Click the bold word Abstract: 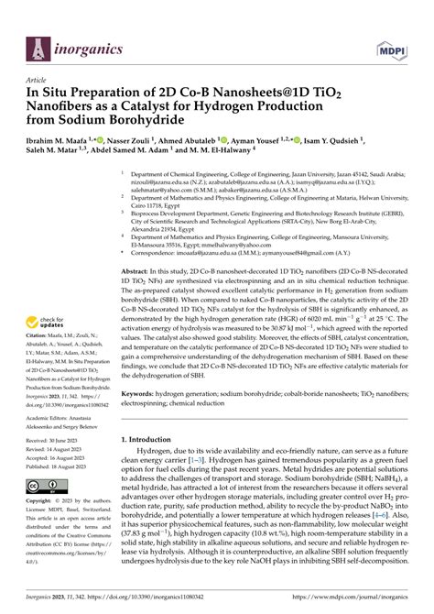coord(137,247)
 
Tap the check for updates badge coord(50,323)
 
